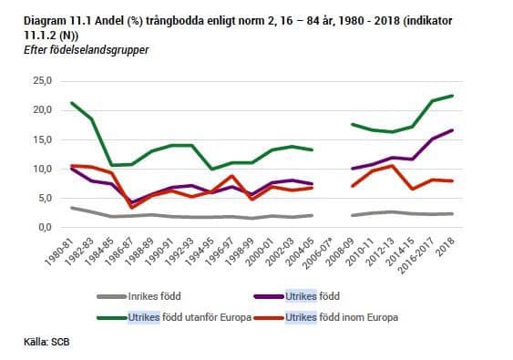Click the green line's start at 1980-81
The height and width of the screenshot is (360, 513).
pyautogui.click(x=70, y=102)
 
